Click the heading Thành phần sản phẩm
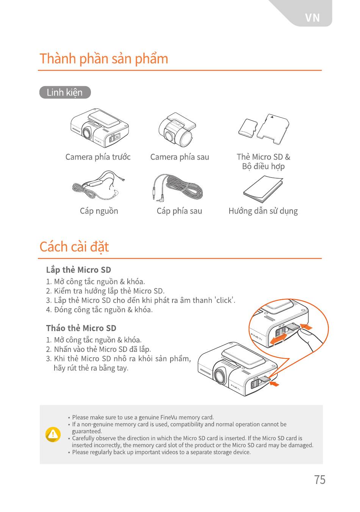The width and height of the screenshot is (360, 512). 104,59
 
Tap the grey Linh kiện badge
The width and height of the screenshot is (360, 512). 65,92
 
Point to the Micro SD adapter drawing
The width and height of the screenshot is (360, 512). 273,129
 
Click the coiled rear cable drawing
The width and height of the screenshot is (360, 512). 177,188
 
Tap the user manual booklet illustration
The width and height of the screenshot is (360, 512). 263,189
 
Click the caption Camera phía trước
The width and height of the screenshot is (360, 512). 98,157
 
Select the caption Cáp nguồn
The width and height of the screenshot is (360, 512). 99,211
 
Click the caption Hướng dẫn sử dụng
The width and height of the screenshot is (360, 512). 263,211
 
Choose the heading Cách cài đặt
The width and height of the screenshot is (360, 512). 74,247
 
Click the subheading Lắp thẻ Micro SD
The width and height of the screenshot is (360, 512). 78,270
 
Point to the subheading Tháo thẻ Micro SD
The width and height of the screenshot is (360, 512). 81,328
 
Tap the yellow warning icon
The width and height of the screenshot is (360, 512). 53,434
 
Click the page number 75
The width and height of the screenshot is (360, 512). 320,479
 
